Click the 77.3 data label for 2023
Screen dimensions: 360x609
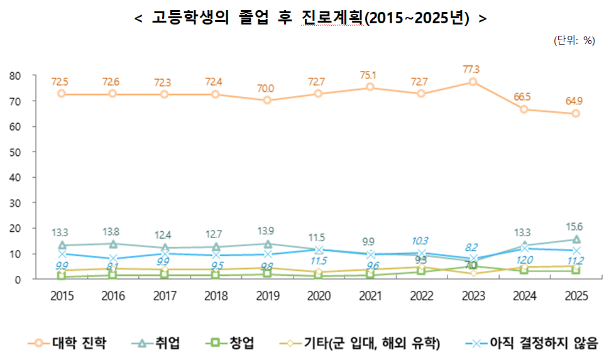[x=471, y=69]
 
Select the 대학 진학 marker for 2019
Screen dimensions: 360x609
[x=267, y=101]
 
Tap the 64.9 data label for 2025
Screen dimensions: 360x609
[x=574, y=101]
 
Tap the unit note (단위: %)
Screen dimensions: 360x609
[x=574, y=40]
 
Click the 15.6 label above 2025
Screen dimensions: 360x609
[x=574, y=227]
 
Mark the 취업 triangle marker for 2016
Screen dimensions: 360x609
[x=113, y=244]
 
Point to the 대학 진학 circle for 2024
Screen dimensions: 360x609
[x=524, y=109]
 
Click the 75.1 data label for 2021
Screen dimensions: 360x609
[x=370, y=75]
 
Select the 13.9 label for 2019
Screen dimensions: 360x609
[x=267, y=231]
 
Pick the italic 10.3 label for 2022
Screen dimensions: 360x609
[x=420, y=241]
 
